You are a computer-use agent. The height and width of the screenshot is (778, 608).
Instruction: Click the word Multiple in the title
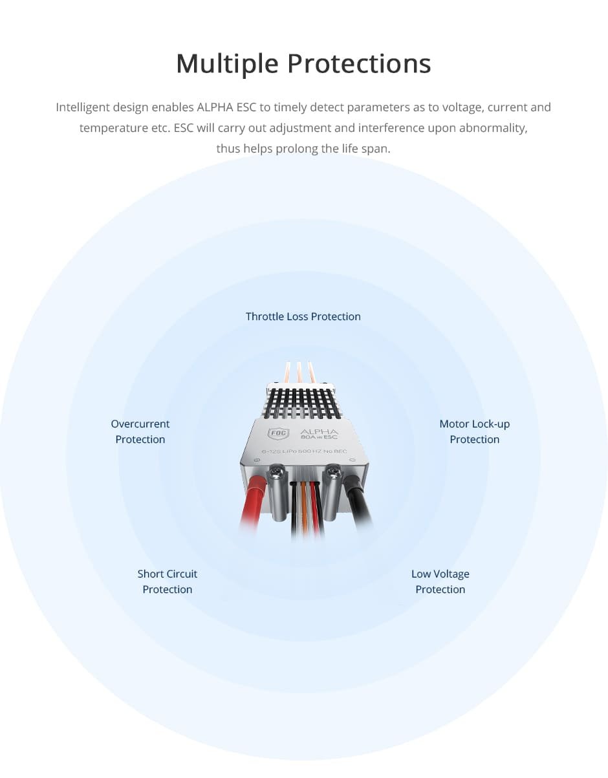[228, 64]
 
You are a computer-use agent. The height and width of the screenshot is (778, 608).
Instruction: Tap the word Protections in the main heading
[359, 63]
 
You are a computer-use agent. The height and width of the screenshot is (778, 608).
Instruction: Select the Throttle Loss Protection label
[303, 316]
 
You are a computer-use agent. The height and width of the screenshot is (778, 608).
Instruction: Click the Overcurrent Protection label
[140, 431]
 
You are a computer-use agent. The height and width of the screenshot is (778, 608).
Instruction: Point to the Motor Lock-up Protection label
[475, 431]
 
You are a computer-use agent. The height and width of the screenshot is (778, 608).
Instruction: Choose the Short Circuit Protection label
[168, 581]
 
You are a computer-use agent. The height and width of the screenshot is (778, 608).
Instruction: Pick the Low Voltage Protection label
[440, 581]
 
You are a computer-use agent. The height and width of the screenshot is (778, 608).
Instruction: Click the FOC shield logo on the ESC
[278, 433]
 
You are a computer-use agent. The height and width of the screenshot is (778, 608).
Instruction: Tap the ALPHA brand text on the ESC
[319, 431]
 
